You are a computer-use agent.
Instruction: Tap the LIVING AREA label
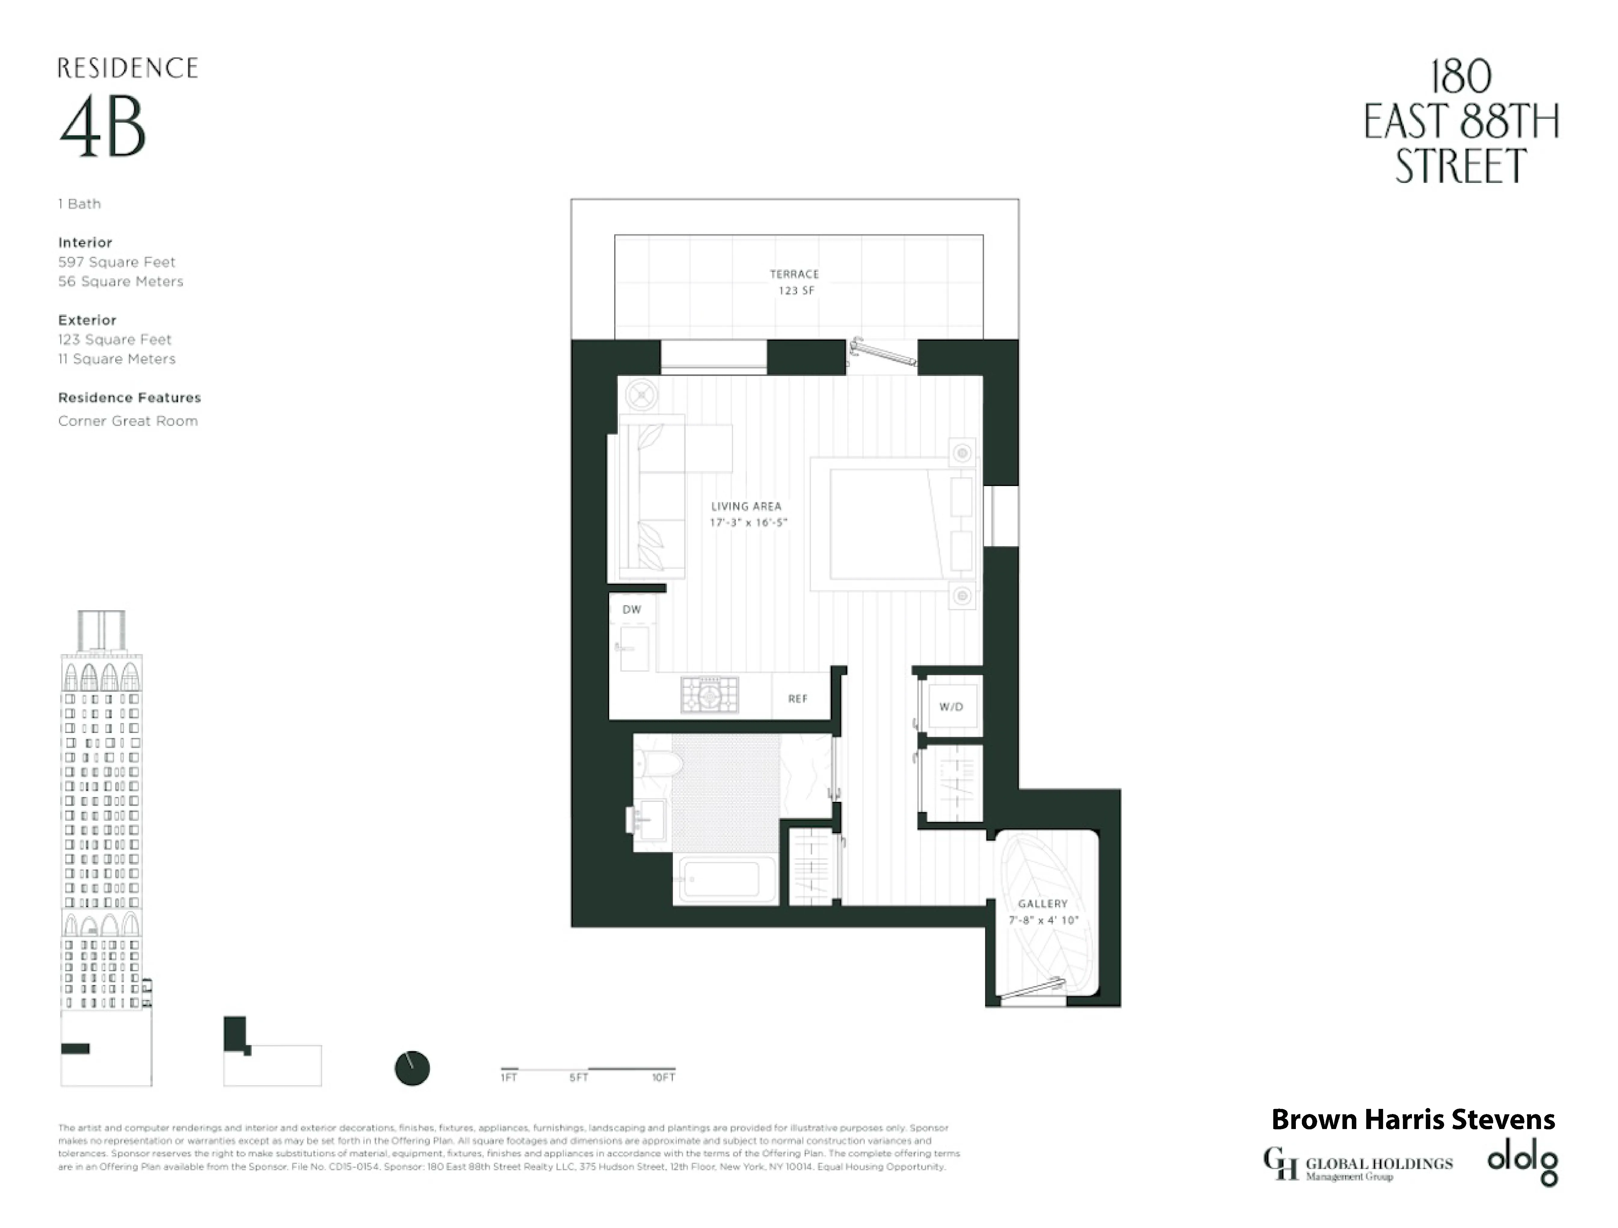coord(746,506)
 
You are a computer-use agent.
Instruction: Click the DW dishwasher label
coord(631,609)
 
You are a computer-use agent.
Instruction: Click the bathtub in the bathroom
coord(728,880)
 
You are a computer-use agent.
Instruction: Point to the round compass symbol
coord(412,1069)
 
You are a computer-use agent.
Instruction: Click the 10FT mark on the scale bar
coord(664,1077)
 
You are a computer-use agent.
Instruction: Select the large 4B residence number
coord(102,128)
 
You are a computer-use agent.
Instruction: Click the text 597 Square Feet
coord(117,262)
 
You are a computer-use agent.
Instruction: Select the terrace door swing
coord(883,352)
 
